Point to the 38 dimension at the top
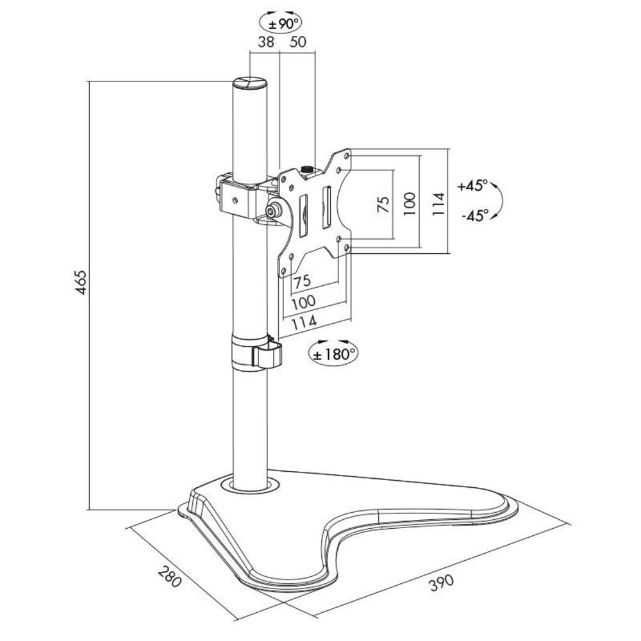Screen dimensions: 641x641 coord(266,42)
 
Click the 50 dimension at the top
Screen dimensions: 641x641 coord(298,42)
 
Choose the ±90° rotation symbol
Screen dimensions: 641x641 coord(280,23)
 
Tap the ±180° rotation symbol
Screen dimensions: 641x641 coord(333,352)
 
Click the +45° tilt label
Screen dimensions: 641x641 coord(473,186)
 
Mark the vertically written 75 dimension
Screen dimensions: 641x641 coord(383,204)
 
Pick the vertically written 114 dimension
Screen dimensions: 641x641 coord(437,204)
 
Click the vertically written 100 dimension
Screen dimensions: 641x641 coord(410,204)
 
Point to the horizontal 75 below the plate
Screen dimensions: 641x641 coord(303,280)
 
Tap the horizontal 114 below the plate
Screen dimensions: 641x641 coord(306,324)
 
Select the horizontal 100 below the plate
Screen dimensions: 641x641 coord(304,302)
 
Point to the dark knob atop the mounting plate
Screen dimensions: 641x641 coord(307,169)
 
